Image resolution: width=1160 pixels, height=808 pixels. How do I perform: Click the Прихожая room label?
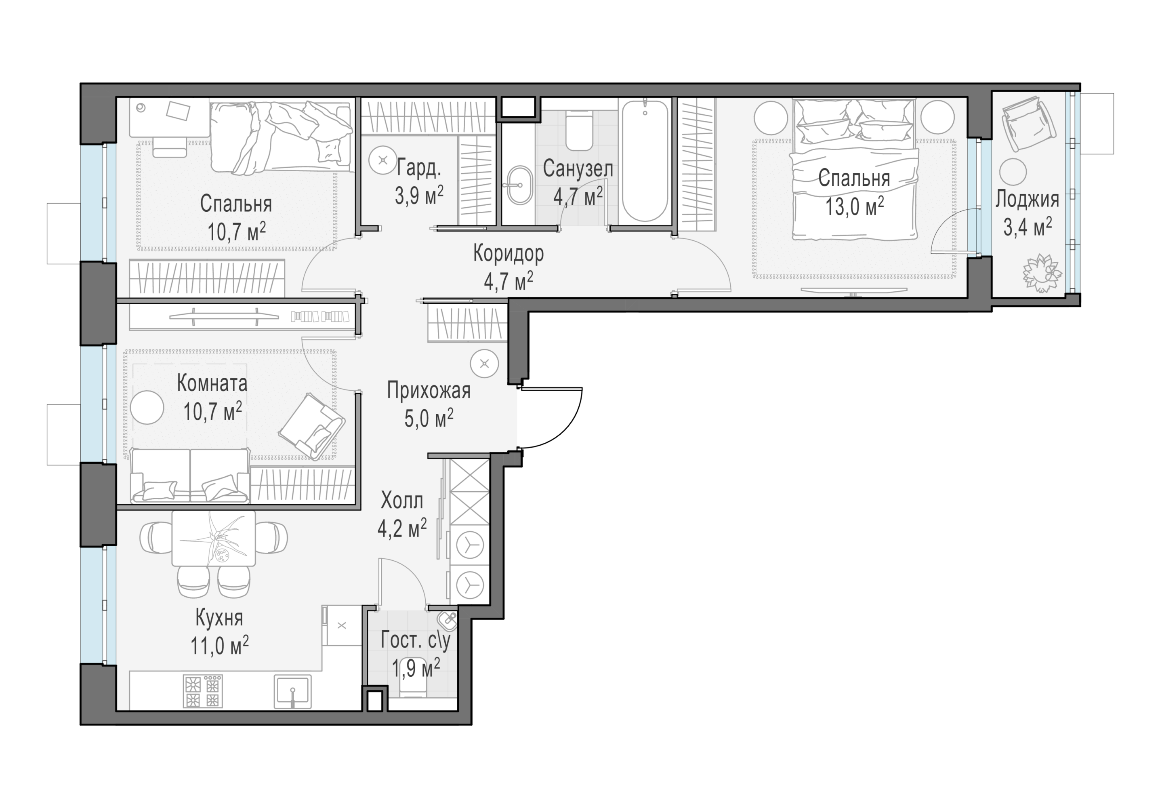pos(429,391)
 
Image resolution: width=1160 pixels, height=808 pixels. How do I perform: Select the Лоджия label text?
pos(1027,199)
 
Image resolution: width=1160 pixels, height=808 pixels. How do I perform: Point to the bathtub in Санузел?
pos(645,161)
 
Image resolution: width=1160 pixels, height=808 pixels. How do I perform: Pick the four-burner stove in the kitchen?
pos(203,691)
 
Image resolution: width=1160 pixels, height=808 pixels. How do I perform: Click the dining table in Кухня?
pos(214,538)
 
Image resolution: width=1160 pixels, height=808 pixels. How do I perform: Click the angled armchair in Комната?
pos(312,427)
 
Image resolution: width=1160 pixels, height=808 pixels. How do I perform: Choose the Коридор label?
pos(508,253)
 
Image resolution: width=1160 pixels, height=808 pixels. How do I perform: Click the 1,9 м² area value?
pos(416,669)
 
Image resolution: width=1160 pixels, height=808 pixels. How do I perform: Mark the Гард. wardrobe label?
pos(418,167)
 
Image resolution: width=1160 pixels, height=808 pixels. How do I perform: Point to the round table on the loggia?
pos(1013,172)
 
